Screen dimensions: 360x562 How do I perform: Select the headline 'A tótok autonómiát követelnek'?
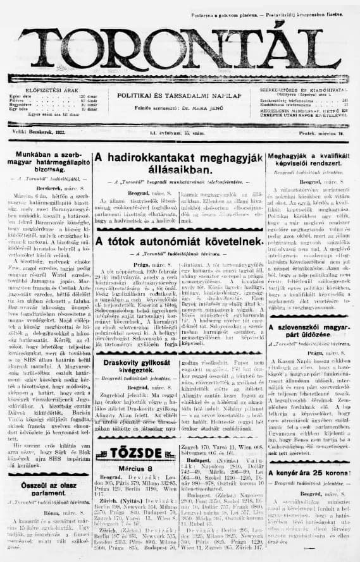[178, 241]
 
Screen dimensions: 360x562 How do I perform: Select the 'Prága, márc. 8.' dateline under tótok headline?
[145, 264]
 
